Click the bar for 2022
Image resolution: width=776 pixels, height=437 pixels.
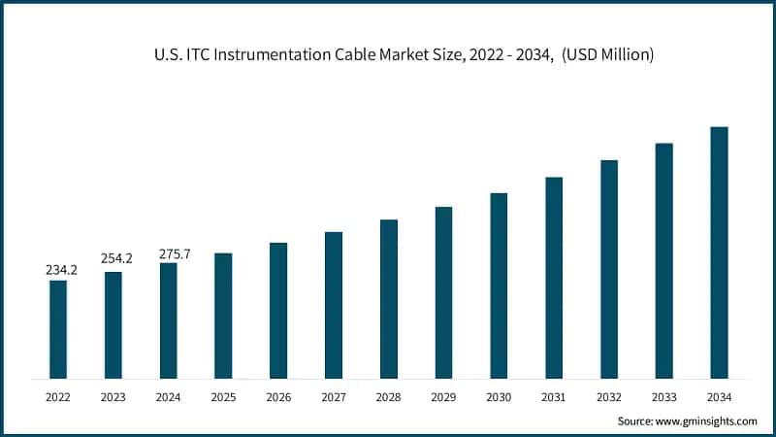(x=58, y=329)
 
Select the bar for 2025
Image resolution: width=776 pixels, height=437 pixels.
(x=223, y=316)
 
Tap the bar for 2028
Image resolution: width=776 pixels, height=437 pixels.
(x=389, y=299)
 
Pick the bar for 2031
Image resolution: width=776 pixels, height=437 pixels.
(x=554, y=278)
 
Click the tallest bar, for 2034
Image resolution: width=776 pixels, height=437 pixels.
(x=719, y=252)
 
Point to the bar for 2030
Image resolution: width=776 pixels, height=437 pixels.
(x=499, y=286)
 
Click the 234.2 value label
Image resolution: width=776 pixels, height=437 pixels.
(x=62, y=270)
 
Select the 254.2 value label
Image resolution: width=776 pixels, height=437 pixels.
(x=117, y=259)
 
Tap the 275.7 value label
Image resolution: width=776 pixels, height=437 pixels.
(x=175, y=253)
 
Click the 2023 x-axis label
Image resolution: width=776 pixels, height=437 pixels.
(x=113, y=396)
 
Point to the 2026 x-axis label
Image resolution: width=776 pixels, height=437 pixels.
(x=278, y=396)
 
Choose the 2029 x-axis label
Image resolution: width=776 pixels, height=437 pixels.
(x=443, y=396)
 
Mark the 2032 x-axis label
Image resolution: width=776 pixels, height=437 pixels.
(x=609, y=396)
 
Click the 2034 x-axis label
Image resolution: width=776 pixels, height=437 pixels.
(x=719, y=396)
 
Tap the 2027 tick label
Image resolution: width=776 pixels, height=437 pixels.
(x=334, y=396)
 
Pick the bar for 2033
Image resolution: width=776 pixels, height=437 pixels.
(x=663, y=260)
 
